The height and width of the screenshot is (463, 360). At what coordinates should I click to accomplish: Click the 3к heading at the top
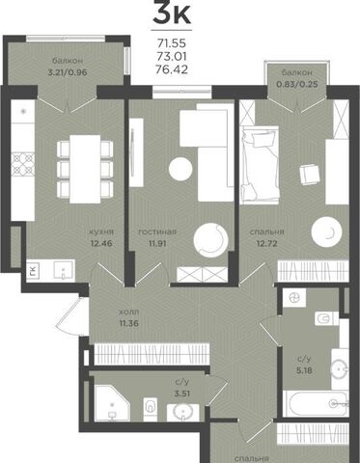pyautogui.click(x=172, y=13)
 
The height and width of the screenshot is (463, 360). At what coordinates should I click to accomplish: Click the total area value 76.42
pyautogui.click(x=172, y=69)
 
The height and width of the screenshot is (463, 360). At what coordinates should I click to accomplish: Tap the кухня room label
pyautogui.click(x=101, y=231)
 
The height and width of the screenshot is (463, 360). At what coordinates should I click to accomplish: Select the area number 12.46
pyautogui.click(x=101, y=243)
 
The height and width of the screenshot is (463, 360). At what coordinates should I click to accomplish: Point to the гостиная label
pyautogui.click(x=157, y=231)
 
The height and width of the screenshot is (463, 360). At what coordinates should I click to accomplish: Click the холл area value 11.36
pyautogui.click(x=129, y=323)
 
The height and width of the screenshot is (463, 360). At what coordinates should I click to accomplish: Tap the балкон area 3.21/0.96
pyautogui.click(x=68, y=72)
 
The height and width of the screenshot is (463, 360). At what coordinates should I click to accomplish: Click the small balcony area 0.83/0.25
pyautogui.click(x=297, y=84)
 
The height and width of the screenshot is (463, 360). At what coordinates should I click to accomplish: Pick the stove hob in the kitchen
pyautogui.click(x=23, y=165)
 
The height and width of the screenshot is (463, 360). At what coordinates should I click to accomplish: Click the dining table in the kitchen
pyautogui.click(x=85, y=169)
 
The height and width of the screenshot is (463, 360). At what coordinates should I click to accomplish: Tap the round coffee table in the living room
pyautogui.click(x=180, y=168)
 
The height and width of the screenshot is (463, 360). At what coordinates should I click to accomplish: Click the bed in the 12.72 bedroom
pyautogui.click(x=260, y=165)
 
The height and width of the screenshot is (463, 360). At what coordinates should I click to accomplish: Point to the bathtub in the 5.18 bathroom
pyautogui.click(x=316, y=403)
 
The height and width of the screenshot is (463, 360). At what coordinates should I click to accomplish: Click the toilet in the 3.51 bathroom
pyautogui.click(x=151, y=408)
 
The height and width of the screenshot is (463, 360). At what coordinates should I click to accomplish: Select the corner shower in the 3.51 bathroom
pyautogui.click(x=112, y=403)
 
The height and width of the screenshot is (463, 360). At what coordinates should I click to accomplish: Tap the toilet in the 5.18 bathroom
pyautogui.click(x=326, y=319)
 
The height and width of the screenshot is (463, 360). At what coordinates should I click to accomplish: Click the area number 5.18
pyautogui.click(x=304, y=370)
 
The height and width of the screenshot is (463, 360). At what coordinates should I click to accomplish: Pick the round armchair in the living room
pyautogui.click(x=210, y=240)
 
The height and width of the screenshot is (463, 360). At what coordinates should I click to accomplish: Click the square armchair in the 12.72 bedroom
pyautogui.click(x=310, y=174)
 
